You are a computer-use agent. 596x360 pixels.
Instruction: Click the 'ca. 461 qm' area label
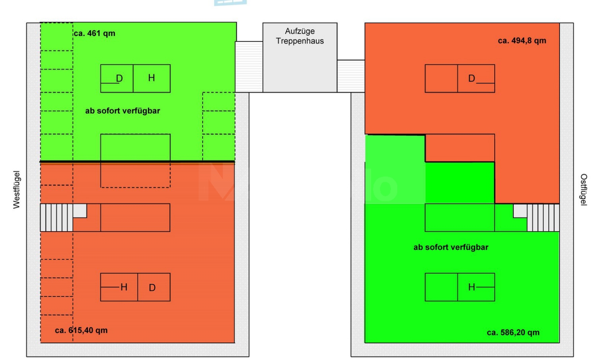coord(95,33)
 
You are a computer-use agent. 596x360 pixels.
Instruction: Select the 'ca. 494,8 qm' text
coord(522,41)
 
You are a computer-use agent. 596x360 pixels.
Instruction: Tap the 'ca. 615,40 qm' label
coord(81,330)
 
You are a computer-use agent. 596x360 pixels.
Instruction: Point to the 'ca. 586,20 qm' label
coord(513,333)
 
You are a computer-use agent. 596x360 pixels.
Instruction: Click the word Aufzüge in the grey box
coord(300,31)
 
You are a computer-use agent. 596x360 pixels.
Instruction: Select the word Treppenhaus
coord(300,41)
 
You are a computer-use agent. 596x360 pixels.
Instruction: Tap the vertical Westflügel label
coord(16,190)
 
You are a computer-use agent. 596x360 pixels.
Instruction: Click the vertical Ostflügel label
coord(583,190)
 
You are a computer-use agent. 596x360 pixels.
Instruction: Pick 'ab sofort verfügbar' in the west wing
coord(122,111)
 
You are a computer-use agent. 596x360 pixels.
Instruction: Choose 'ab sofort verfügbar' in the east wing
coord(451,247)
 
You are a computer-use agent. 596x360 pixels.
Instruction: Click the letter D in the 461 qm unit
coord(119,78)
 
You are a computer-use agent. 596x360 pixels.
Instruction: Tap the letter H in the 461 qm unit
coord(151,78)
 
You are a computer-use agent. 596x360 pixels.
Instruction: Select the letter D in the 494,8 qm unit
coord(471,78)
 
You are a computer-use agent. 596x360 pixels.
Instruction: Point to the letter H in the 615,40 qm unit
coord(124,287)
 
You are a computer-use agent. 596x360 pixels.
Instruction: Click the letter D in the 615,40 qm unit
coord(152,288)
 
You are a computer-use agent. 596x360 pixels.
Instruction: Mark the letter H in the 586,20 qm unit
coord(471,287)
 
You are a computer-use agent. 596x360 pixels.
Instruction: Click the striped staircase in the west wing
coord(56,217)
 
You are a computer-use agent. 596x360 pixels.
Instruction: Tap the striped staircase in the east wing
coord(543,217)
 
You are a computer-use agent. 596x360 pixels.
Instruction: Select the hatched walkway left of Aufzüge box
coord(249,67)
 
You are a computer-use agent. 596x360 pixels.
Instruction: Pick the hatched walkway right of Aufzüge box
coord(351,76)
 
